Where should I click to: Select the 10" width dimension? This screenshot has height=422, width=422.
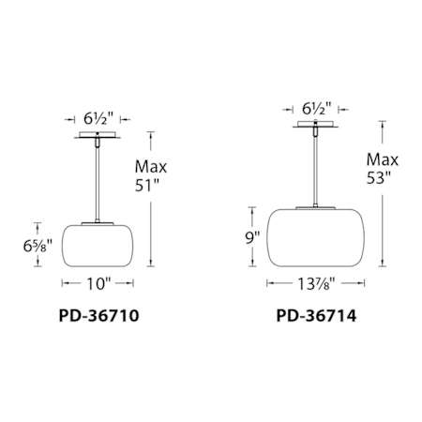[x=97, y=281]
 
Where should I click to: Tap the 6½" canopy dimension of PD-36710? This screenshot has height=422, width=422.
[x=98, y=120]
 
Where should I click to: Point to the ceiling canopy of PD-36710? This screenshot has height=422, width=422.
[x=98, y=138]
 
